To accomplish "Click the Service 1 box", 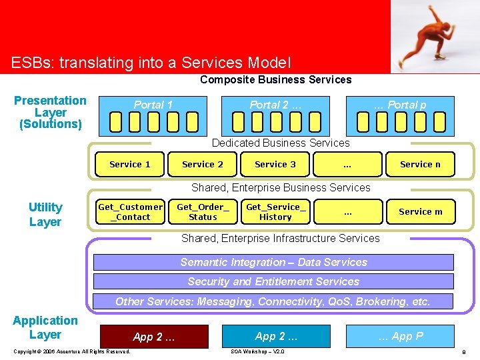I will click(x=130, y=164).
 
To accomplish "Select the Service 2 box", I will click(x=203, y=164).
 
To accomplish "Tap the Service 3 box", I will click(x=275, y=164).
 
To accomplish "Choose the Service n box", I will click(x=420, y=164).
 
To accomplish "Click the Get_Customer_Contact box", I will click(x=130, y=212).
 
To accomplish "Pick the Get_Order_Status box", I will click(x=203, y=212).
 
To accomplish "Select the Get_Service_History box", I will click(x=275, y=212).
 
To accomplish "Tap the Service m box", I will click(x=420, y=212).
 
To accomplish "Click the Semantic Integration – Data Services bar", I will click(x=273, y=262).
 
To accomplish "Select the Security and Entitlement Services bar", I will click(x=273, y=281).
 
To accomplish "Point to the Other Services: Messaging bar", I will click(x=273, y=301).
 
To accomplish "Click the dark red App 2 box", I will click(x=154, y=336).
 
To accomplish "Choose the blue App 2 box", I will click(x=276, y=336).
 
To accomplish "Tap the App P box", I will click(x=400, y=336).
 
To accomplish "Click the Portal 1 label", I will click(x=153, y=105).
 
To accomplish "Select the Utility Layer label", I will click(x=45, y=215).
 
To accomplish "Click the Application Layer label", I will click(x=45, y=327).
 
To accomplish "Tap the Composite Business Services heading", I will click(x=276, y=80).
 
